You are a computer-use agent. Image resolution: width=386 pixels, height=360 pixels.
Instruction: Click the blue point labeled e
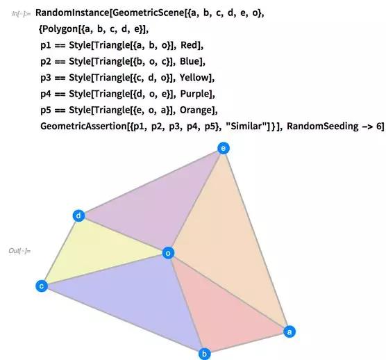224,148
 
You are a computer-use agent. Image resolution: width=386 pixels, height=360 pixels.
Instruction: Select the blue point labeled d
78,216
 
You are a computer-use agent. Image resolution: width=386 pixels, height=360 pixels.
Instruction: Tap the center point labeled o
169,253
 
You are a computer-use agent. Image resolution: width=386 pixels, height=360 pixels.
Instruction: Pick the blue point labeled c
42,286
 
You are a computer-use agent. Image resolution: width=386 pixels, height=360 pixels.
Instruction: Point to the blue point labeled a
289,332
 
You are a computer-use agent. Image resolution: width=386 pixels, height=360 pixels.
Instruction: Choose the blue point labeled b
204,354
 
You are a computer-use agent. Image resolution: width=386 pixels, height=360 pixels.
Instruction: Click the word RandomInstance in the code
72,13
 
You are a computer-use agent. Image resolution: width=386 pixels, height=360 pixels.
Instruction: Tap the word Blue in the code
190,61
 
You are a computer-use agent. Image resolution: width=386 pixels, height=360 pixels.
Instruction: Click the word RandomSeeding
323,126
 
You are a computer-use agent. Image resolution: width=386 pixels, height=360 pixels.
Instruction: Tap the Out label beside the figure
19,251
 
